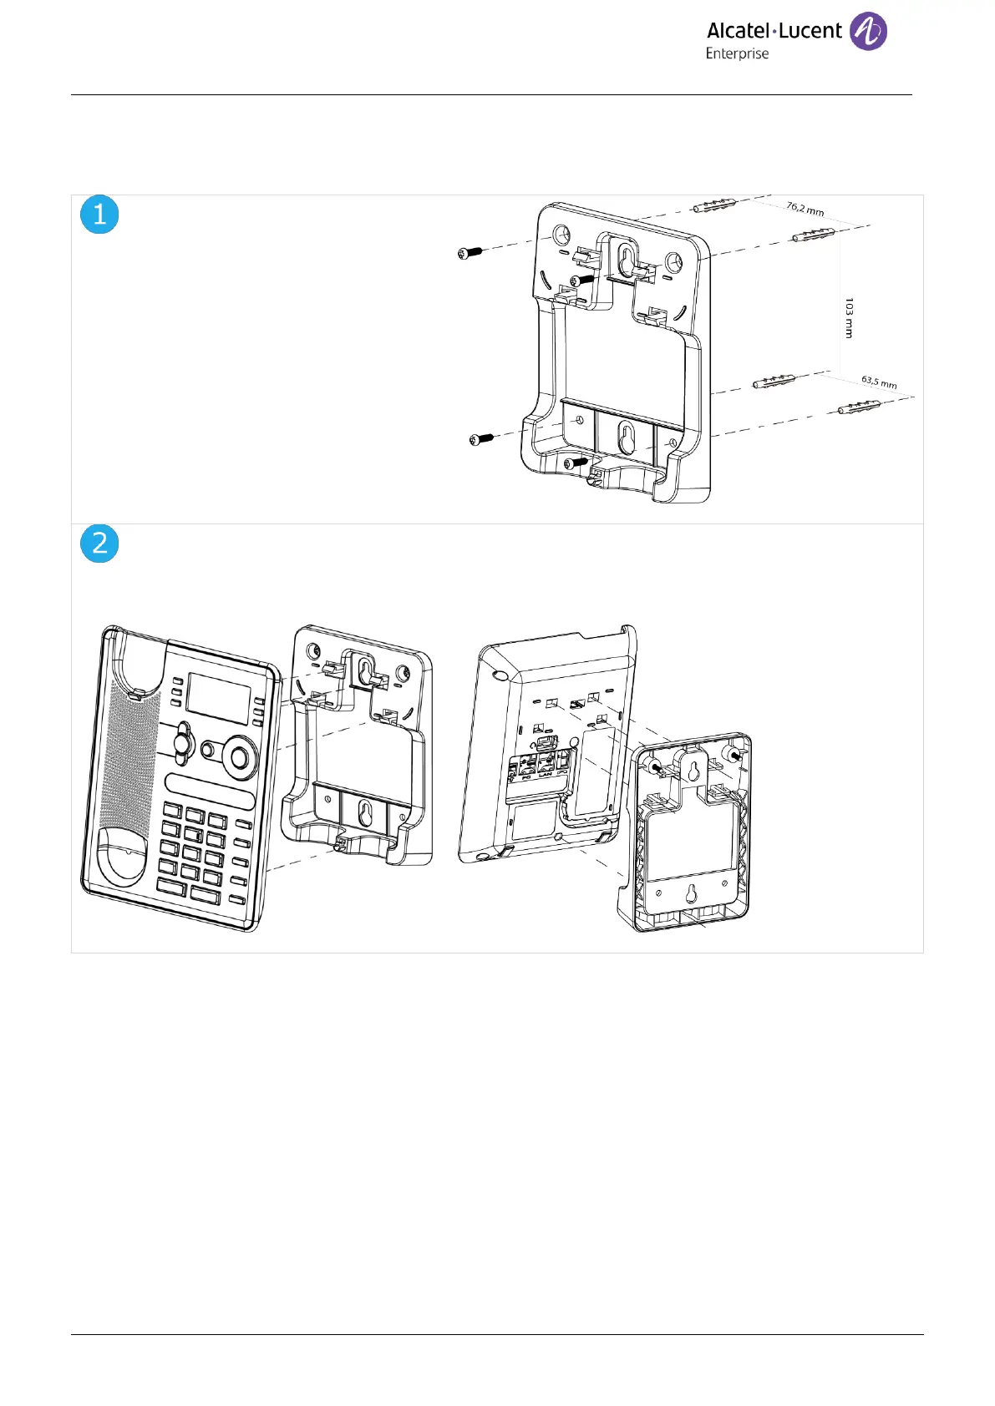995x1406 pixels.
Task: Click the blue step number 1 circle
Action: point(99,215)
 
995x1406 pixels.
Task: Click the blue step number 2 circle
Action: point(99,544)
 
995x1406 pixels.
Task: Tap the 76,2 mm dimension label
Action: point(805,208)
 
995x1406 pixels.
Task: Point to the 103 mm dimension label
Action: point(849,318)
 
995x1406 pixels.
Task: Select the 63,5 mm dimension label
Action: point(879,382)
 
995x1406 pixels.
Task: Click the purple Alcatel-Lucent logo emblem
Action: point(868,32)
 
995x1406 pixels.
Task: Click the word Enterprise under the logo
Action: point(737,53)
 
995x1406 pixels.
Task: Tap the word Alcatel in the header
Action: point(738,31)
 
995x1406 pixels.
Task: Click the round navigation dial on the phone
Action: point(240,757)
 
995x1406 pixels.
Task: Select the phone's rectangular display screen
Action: point(218,697)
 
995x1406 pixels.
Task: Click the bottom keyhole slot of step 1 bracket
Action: point(627,437)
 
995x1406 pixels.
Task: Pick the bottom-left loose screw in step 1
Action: point(481,438)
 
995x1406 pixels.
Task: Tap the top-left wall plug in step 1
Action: point(715,205)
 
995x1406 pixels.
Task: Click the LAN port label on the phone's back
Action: point(546,774)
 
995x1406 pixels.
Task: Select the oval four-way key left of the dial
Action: point(183,742)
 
